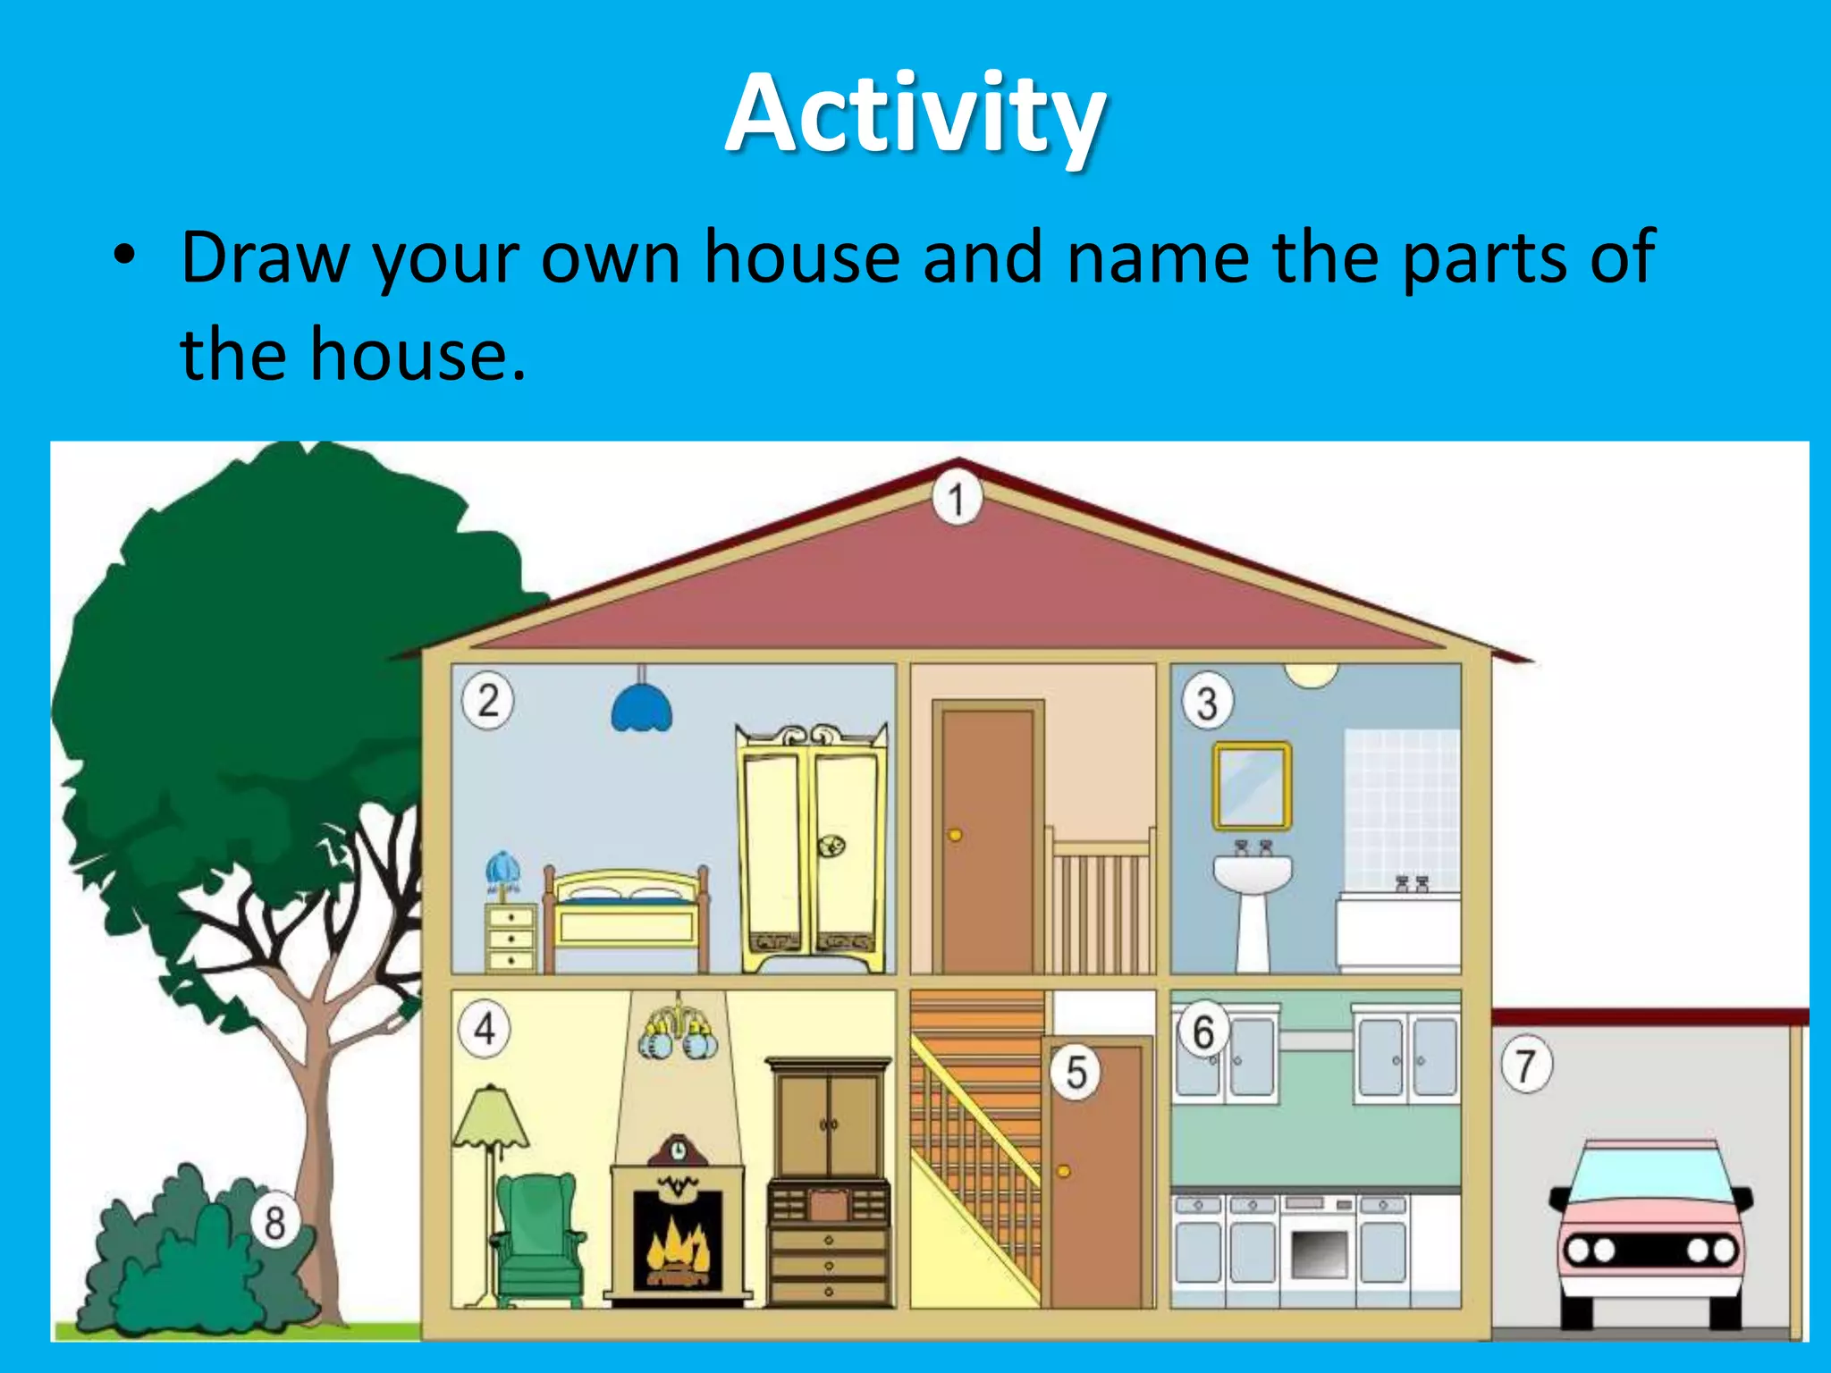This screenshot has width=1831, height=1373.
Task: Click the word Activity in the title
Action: click(915, 114)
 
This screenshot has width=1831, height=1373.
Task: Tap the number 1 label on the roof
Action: click(957, 499)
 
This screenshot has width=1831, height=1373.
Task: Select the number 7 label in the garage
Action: click(1526, 1066)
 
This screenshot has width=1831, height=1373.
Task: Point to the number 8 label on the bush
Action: click(274, 1221)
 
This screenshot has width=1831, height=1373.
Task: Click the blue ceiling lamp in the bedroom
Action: click(641, 709)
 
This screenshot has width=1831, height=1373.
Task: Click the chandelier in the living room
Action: click(679, 1032)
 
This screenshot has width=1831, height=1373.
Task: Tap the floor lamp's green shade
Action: click(490, 1118)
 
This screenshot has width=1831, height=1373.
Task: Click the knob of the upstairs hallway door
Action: click(955, 836)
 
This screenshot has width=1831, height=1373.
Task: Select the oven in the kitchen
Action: click(1319, 1248)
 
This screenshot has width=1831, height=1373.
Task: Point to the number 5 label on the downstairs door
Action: click(1076, 1072)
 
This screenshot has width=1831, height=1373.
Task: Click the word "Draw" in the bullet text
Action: click(264, 258)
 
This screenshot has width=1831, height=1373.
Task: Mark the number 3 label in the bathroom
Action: click(1207, 703)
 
